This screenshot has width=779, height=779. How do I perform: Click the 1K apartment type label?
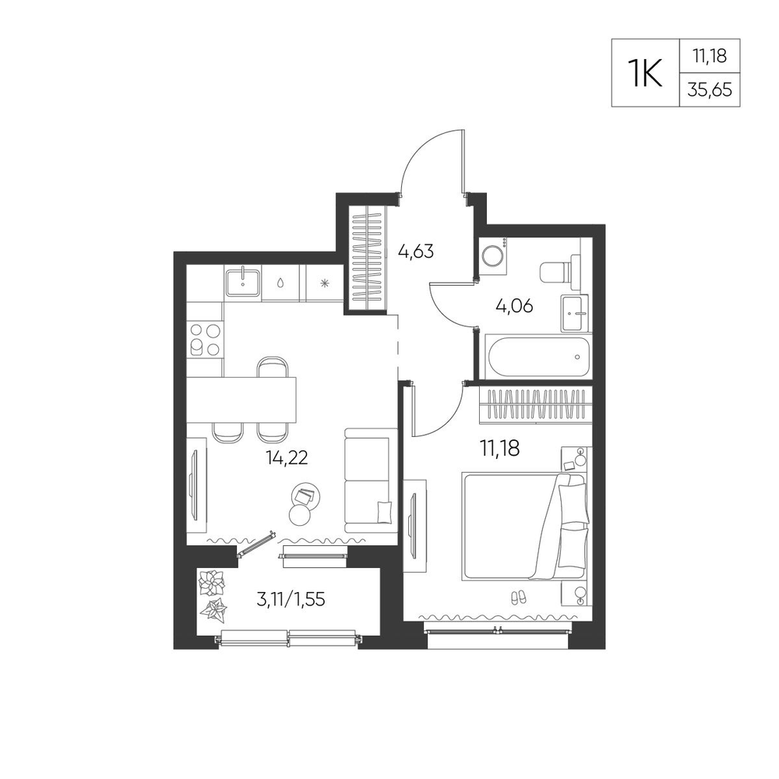[x=645, y=73]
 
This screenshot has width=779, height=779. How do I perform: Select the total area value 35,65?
[x=710, y=90]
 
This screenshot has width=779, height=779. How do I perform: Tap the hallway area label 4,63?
[x=416, y=252]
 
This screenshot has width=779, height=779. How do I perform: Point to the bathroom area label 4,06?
[x=514, y=306]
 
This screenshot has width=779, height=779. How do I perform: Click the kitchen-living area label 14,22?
[x=287, y=457]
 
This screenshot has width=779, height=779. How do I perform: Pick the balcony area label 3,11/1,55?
[x=291, y=600]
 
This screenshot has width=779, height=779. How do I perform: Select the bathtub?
[x=539, y=356]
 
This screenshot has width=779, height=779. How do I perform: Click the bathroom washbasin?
[x=576, y=313]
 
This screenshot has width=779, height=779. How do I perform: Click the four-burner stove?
[x=205, y=340]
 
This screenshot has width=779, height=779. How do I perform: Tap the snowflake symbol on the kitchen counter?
[x=324, y=284]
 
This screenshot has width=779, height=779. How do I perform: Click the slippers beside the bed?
[x=518, y=597]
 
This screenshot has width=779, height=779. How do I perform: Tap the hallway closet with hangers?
[x=368, y=259]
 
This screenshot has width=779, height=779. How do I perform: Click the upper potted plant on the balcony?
[x=212, y=582]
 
